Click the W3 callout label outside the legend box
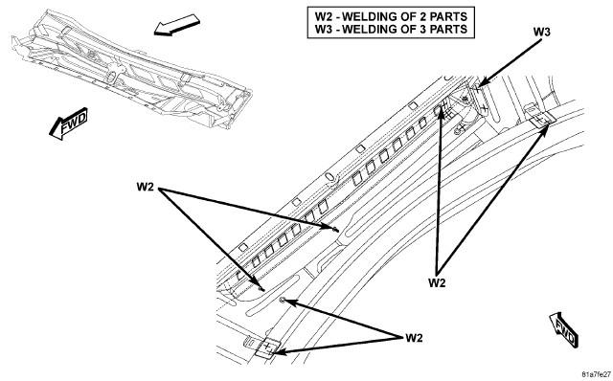(x=541, y=32)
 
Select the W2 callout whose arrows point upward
(x=437, y=282)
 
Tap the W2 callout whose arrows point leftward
(x=414, y=337)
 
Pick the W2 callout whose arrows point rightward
(x=145, y=187)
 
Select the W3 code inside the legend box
(x=324, y=30)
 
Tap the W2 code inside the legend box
(x=324, y=17)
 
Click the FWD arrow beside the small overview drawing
(x=68, y=123)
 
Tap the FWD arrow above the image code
(x=564, y=330)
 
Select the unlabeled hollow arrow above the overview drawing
(x=176, y=25)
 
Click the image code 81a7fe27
(x=596, y=374)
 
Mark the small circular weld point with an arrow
(x=283, y=300)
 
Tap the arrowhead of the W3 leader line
(x=482, y=83)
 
